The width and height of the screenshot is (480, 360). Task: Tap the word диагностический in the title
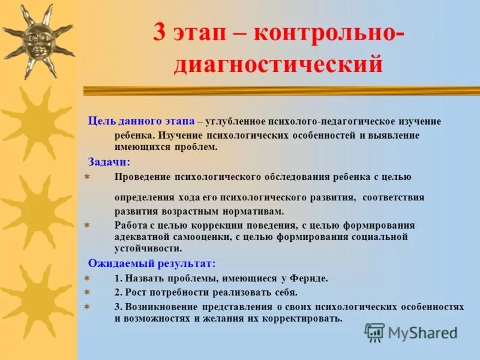(278, 63)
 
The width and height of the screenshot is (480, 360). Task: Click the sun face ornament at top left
(38, 40)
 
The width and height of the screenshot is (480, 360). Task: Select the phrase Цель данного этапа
(141, 121)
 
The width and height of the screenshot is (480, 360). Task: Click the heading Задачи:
(109, 161)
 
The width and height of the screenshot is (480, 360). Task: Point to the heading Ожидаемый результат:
(152, 263)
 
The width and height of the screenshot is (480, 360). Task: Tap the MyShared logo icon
(374, 332)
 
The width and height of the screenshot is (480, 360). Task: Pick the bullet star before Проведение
(86, 176)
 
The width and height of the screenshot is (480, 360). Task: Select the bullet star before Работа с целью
(86, 224)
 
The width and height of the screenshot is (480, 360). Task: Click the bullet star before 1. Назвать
(86, 278)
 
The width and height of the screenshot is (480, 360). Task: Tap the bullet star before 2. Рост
(86, 292)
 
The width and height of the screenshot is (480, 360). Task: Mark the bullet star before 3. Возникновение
(86, 305)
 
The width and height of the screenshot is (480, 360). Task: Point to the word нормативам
(254, 211)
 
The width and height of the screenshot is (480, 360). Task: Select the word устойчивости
(148, 248)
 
